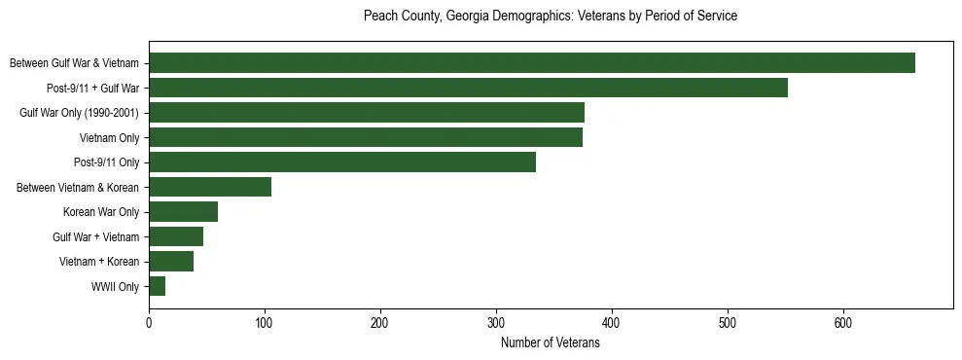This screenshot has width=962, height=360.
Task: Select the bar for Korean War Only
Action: pyautogui.click(x=183, y=212)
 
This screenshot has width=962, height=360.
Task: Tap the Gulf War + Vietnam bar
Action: pyautogui.click(x=176, y=236)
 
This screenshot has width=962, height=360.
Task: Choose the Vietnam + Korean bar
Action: pyautogui.click(x=171, y=262)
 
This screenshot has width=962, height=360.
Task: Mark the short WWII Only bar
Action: pyautogui.click(x=158, y=286)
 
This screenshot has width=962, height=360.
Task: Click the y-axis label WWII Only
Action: pyautogui.click(x=115, y=287)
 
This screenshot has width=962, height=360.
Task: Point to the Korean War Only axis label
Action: pyautogui.click(x=101, y=212)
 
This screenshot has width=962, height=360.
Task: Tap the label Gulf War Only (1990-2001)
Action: pyautogui.click(x=79, y=113)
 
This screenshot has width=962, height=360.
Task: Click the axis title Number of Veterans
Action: pyautogui.click(x=550, y=343)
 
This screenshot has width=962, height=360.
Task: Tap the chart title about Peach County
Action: pyautogui.click(x=550, y=17)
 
